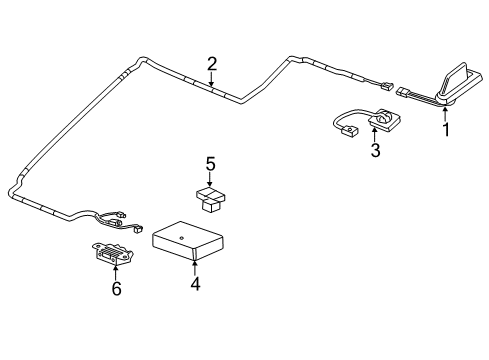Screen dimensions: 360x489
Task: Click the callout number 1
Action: pyautogui.click(x=446, y=129)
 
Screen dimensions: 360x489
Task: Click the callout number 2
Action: pyautogui.click(x=212, y=64)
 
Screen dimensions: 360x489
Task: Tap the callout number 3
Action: pyautogui.click(x=375, y=151)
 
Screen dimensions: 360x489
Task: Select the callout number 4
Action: pyautogui.click(x=195, y=284)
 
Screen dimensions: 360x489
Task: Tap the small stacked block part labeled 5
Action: pyautogui.click(x=209, y=197)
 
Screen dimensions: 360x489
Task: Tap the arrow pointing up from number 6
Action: pyautogui.click(x=116, y=273)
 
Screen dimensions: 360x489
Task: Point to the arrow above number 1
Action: pyautogui.click(x=446, y=113)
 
